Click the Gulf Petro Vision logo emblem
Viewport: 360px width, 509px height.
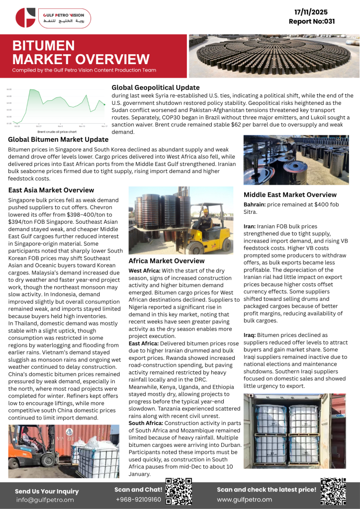[x=25, y=17]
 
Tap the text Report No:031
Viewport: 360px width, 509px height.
[x=312, y=21]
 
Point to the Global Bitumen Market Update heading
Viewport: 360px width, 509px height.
[x=58, y=140]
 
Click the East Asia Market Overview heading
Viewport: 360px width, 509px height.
[x=51, y=190]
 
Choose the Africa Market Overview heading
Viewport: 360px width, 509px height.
[x=166, y=260]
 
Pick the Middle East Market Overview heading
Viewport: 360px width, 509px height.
[x=290, y=195]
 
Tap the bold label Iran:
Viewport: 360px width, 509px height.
[x=250, y=226]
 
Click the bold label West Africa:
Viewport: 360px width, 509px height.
[x=145, y=271]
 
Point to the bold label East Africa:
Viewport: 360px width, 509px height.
[x=144, y=343]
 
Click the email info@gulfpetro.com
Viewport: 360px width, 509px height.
[x=44, y=500]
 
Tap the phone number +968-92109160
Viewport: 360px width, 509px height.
[x=138, y=499]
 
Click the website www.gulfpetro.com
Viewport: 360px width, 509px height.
[x=244, y=499]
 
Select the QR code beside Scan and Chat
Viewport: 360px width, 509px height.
[x=179, y=491]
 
